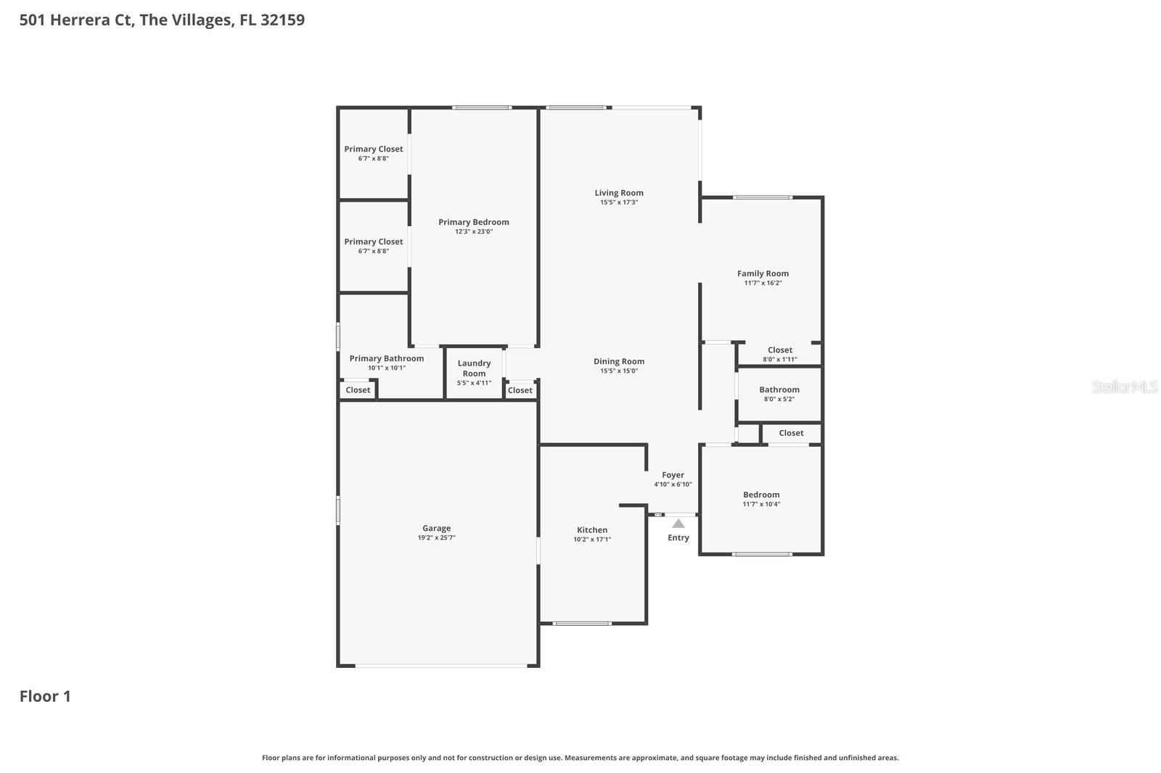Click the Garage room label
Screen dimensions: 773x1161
pyautogui.click(x=436, y=529)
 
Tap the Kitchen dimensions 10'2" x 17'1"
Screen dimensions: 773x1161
pyautogui.click(x=592, y=540)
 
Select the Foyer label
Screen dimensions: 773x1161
pyautogui.click(x=673, y=476)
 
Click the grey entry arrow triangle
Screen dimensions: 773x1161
pyautogui.click(x=678, y=524)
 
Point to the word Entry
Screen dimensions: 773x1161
pyautogui.click(x=678, y=538)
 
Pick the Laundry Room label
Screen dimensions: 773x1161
pyautogui.click(x=474, y=368)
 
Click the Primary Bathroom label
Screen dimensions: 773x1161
pyautogui.click(x=386, y=358)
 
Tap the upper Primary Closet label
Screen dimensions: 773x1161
pyautogui.click(x=373, y=149)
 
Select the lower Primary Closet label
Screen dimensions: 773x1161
pyautogui.click(x=373, y=242)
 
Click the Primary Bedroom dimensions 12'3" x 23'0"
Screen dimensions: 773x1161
pyautogui.click(x=474, y=232)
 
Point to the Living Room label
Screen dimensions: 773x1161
pyautogui.click(x=618, y=193)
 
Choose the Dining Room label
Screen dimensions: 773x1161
pyautogui.click(x=618, y=362)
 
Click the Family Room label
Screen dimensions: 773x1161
pyautogui.click(x=763, y=274)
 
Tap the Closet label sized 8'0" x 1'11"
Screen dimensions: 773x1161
pyautogui.click(x=779, y=350)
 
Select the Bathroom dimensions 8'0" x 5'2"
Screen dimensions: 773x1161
pyautogui.click(x=779, y=400)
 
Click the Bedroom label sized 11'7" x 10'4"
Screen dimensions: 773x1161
pyautogui.click(x=761, y=495)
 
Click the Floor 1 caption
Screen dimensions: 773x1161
pyautogui.click(x=45, y=697)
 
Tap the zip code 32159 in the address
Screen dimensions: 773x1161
pyautogui.click(x=282, y=20)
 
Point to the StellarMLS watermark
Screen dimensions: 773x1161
pyautogui.click(x=1124, y=387)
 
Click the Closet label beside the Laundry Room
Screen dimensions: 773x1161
pyautogui.click(x=520, y=391)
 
